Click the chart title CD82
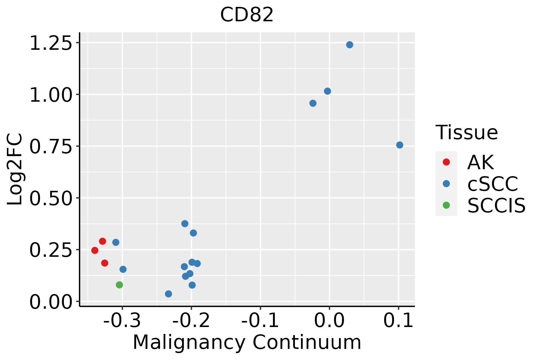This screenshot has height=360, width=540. tap(247, 15)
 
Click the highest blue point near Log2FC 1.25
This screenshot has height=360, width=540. tap(349, 45)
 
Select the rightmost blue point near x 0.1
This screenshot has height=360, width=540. tap(400, 145)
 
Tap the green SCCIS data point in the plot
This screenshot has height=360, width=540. tap(119, 285)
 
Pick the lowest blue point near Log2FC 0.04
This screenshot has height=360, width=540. tap(169, 294)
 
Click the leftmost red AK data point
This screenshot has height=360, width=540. tap(95, 250)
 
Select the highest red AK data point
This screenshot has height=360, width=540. tap(103, 241)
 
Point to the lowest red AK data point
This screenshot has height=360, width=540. tap(105, 263)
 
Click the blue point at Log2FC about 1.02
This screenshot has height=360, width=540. tap(328, 91)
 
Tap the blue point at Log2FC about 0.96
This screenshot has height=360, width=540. tap(313, 103)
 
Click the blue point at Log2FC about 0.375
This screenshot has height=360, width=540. tap(185, 223)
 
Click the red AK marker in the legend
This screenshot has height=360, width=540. tap(446, 162)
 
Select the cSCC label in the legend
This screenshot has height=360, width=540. tap(493, 184)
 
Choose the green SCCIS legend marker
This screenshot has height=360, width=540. tap(446, 205)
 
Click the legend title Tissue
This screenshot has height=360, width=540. tap(466, 132)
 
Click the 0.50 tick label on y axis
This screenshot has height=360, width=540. tap(51, 198)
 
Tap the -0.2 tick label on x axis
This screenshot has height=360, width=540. tap(191, 321)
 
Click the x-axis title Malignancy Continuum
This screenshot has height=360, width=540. tap(247, 342)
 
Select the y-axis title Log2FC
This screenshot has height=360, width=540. tap(15, 169)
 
